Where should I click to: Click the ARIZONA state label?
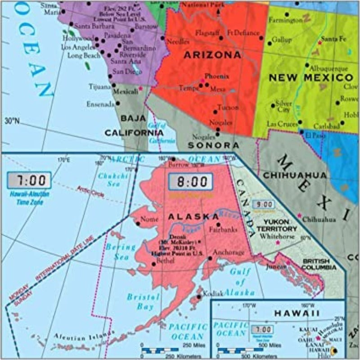coord(212,55)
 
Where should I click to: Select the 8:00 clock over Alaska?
coord(190,182)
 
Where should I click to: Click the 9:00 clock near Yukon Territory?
coord(263,204)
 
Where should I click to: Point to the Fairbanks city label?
coord(223,229)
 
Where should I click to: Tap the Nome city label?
coord(150,220)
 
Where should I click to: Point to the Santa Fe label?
coord(334,39)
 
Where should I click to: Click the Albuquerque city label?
coord(328,68)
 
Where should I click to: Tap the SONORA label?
coord(213,145)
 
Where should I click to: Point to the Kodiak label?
coord(213,293)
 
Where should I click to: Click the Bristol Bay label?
coord(143,301)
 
